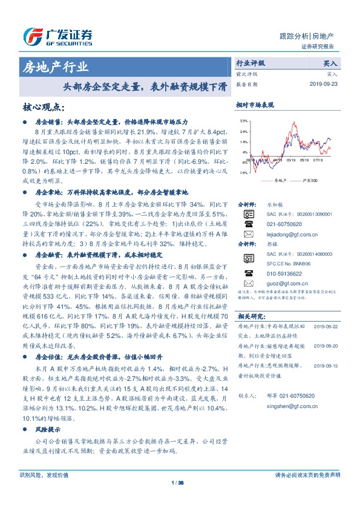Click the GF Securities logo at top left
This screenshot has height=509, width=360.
(x=57, y=37)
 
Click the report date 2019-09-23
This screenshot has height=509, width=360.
(x=323, y=85)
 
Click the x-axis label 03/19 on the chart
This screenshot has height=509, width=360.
(x=290, y=161)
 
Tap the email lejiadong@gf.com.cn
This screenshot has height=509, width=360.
(x=292, y=233)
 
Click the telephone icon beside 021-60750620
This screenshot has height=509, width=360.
(x=247, y=223)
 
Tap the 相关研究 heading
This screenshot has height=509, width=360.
(x=249, y=316)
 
